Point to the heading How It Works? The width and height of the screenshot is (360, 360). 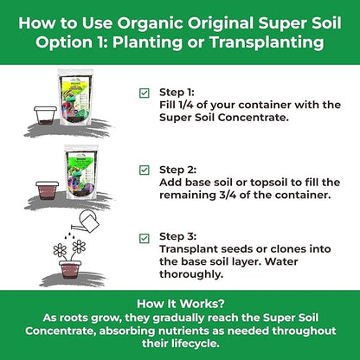(179, 304)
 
